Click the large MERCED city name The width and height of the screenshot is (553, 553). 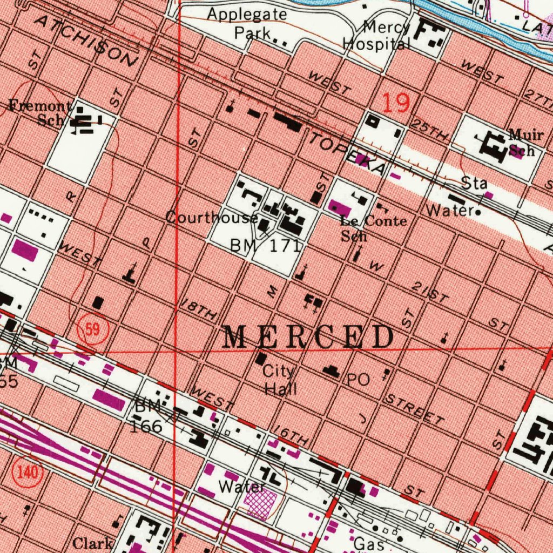tap(308, 338)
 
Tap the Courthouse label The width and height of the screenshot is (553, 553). tap(211, 218)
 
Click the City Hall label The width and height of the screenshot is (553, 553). tap(279, 380)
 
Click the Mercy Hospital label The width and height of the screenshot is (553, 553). tap(378, 35)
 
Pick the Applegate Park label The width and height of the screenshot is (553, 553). tap(247, 23)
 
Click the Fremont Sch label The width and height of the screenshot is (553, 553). tap(41, 112)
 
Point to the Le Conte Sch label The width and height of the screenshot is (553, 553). tap(373, 228)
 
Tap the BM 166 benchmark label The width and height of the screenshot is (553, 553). tap(147, 417)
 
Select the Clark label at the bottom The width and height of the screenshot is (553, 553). tap(93, 543)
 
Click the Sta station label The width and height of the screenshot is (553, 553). tap(474, 184)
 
